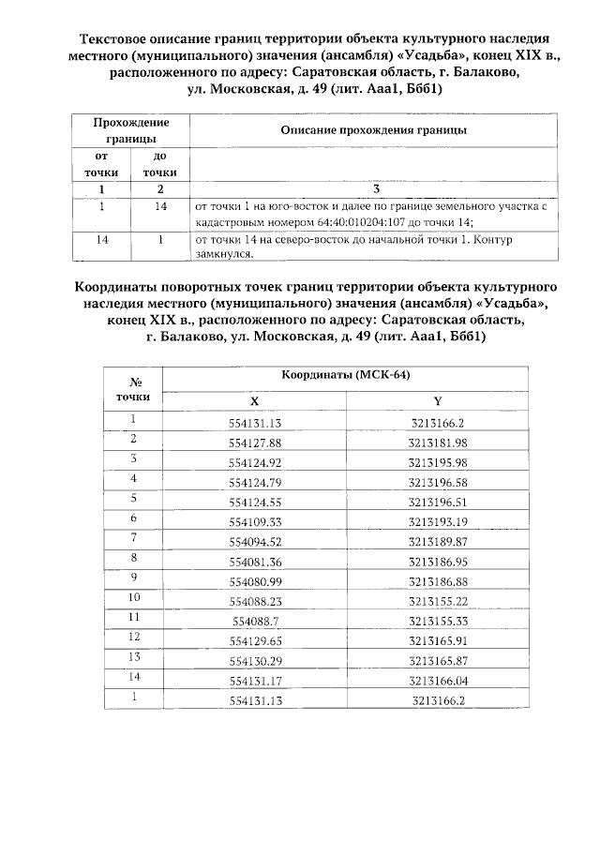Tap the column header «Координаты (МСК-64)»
346,375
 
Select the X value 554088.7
255,621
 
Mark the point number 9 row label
134,578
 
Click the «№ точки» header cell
134,388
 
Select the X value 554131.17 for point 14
255,680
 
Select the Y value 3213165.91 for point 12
438,640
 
